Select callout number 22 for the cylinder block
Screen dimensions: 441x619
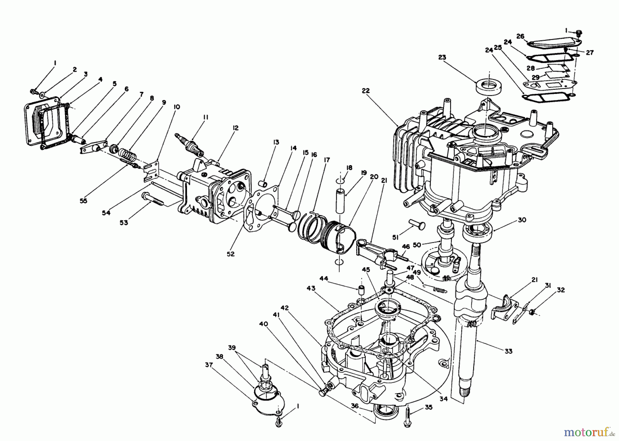coord(365,90)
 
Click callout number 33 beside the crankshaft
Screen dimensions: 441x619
coord(508,351)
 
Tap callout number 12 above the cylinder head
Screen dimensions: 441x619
coord(235,128)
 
